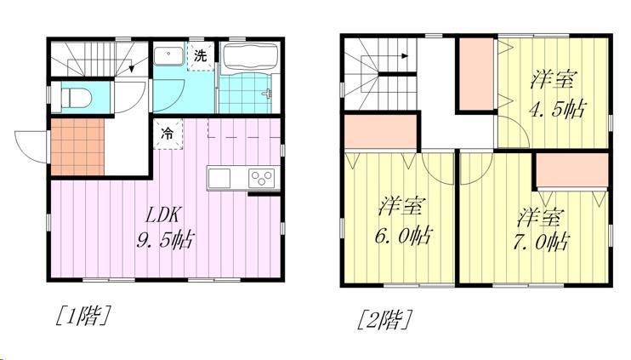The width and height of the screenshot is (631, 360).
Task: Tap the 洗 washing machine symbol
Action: [x=201, y=56]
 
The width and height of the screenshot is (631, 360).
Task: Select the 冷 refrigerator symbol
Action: [x=168, y=134]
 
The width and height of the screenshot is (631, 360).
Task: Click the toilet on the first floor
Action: [x=76, y=98]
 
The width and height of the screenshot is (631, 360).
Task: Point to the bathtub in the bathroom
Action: [x=250, y=59]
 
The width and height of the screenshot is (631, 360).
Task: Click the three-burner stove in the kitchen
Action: [x=262, y=177]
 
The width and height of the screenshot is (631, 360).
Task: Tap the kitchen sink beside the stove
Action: [x=219, y=178]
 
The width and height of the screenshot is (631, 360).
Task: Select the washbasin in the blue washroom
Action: [x=169, y=56]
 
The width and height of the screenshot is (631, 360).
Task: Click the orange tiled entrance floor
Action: [x=77, y=147]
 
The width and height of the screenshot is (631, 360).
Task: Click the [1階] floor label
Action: [x=82, y=315]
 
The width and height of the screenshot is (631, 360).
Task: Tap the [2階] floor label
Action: [x=385, y=320]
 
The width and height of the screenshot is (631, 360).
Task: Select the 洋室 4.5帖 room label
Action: [x=557, y=94]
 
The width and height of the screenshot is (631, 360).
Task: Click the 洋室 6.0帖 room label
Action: [x=404, y=220]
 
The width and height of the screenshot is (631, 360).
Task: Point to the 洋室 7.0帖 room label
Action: [x=541, y=229]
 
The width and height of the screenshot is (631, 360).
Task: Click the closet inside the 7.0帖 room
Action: [x=571, y=170]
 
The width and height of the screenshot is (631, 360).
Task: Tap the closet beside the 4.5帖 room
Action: [x=476, y=74]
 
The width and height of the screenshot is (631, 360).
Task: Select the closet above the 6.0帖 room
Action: [x=380, y=132]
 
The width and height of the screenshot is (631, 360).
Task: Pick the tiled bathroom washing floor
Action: [x=246, y=94]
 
